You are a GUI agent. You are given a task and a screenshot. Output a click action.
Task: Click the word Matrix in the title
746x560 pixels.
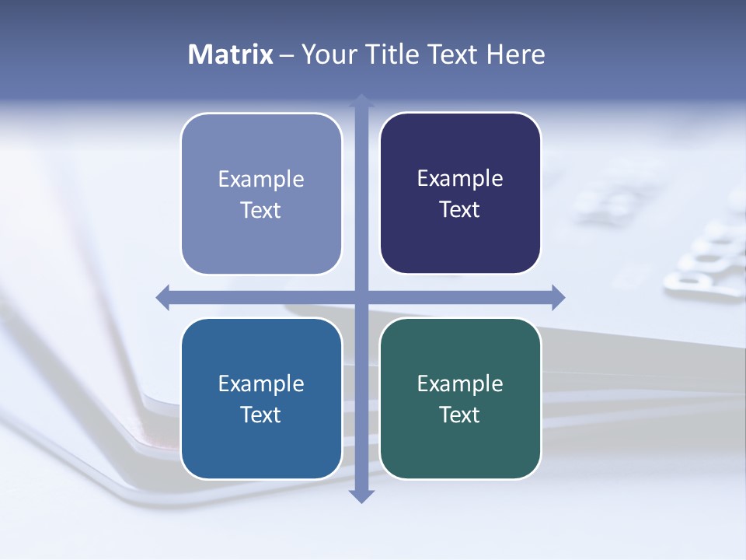coord(230,54)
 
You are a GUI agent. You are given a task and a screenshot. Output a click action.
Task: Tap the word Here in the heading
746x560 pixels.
coord(515,54)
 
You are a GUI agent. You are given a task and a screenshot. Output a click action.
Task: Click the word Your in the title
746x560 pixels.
coord(329,54)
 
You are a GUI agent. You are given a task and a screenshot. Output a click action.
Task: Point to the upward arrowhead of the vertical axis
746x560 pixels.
coord(361,100)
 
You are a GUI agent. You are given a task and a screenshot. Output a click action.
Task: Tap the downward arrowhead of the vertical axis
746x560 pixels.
coord(361,495)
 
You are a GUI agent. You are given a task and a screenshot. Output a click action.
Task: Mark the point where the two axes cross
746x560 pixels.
coord(361,297)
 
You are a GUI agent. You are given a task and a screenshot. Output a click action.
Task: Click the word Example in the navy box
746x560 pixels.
coord(460,179)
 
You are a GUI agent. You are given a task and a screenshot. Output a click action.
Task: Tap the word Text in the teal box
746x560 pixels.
coord(460,415)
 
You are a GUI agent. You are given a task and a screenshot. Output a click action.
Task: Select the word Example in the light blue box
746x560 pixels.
coord(261,180)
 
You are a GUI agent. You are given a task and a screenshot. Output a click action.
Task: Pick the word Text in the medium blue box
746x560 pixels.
coord(261,415)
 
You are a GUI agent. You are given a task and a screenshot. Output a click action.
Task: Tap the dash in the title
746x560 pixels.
coord(287,55)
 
